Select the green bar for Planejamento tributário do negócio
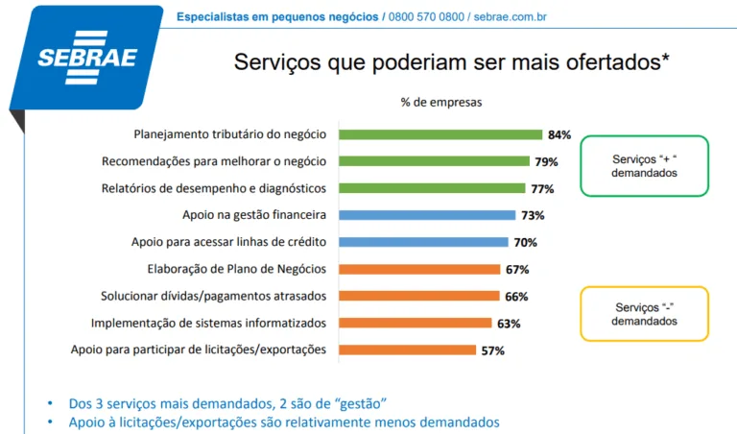(440, 134)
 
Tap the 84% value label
(559, 134)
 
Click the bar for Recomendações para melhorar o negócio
(434, 161)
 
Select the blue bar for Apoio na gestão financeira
(427, 215)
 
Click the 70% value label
(525, 242)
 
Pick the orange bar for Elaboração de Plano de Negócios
(419, 269)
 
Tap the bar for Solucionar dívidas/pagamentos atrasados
(418, 296)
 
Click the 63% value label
(509, 324)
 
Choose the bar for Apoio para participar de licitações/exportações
(408, 350)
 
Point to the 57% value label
(492, 350)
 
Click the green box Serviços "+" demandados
(644, 165)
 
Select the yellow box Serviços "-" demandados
(644, 313)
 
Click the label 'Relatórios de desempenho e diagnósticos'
(213, 188)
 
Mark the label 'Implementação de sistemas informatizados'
(208, 324)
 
